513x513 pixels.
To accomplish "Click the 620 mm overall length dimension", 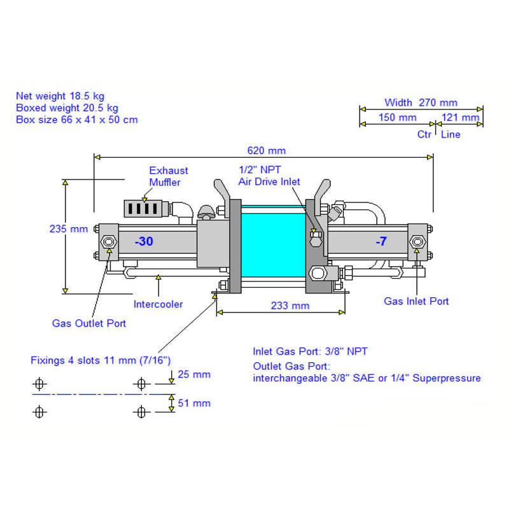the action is pos(266,150).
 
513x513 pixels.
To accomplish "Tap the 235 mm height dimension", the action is pos(69,228).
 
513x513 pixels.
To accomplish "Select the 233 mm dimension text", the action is pos(290,306).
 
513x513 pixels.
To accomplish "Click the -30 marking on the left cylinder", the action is pos(144,241).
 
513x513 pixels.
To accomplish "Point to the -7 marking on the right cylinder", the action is pos(381,241).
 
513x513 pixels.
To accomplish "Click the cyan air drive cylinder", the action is pos(273,241).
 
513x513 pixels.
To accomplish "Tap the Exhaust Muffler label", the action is pos(169,176).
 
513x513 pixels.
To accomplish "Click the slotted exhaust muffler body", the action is pos(143,208).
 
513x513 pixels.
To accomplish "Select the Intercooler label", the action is pos(158,304).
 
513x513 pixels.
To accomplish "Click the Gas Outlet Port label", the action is pos(89,323).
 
